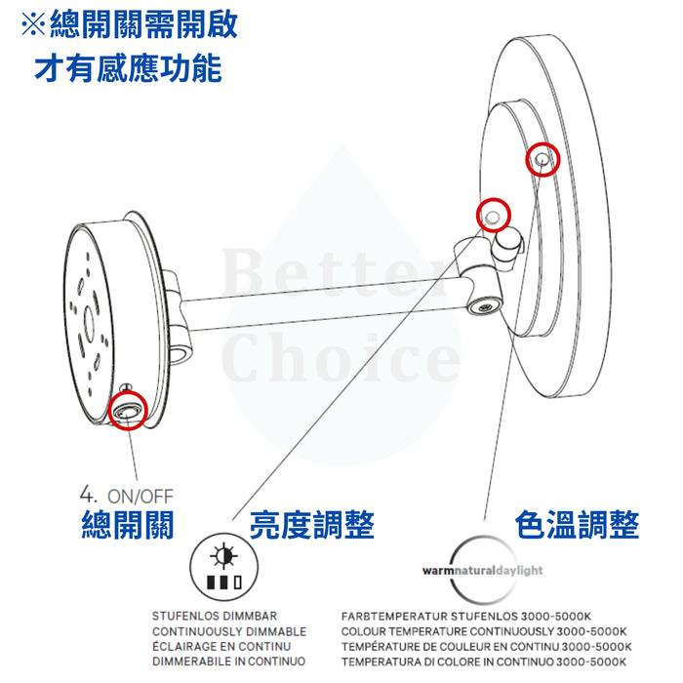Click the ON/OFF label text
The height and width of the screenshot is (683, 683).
click(141, 497)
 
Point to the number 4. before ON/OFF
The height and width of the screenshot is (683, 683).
click(88, 495)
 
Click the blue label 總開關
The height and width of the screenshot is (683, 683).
click(128, 525)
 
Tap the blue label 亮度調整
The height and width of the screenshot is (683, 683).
click(312, 525)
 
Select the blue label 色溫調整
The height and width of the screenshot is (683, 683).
click(578, 525)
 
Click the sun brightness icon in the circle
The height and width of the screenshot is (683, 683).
click(223, 556)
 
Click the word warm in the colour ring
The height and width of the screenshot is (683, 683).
click(438, 571)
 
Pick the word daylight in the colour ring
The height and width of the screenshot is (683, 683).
click(520, 571)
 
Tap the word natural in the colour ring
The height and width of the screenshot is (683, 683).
click(475, 571)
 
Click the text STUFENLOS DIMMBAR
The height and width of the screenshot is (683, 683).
click(215, 616)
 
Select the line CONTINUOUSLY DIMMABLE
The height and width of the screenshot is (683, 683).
click(229, 631)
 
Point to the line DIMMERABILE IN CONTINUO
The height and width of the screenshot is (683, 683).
click(228, 662)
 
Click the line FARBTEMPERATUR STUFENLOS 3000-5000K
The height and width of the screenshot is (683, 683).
click(466, 617)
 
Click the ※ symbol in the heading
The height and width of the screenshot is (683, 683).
click(33, 24)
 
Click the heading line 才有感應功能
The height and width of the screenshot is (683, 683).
click(128, 69)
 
